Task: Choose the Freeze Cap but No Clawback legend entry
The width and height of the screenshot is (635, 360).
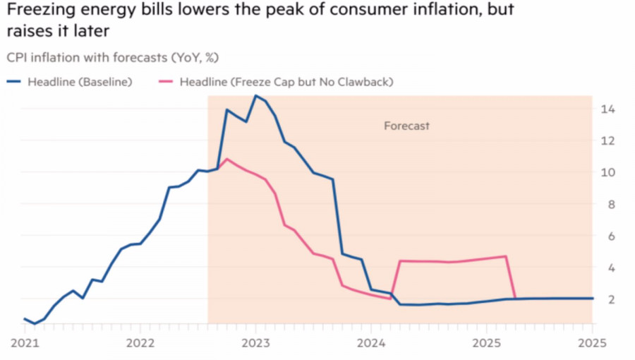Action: click(x=286, y=82)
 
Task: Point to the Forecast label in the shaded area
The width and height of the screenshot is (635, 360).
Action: click(x=406, y=126)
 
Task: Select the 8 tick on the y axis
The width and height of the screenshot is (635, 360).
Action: click(x=606, y=204)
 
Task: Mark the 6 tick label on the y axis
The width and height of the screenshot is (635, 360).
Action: click(x=606, y=236)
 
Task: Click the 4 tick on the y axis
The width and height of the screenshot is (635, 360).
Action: click(x=606, y=268)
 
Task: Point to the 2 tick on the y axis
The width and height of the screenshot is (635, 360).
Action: click(x=606, y=299)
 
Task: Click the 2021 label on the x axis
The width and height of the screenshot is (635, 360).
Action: click(x=25, y=344)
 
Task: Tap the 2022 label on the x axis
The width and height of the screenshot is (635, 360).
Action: click(x=139, y=344)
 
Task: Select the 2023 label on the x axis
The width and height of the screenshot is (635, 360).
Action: click(x=255, y=344)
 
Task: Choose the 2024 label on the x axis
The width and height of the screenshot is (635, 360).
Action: click(x=370, y=344)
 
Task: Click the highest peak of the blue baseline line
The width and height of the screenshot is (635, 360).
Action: click(x=255, y=95)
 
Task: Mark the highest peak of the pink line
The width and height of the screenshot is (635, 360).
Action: click(x=226, y=159)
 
